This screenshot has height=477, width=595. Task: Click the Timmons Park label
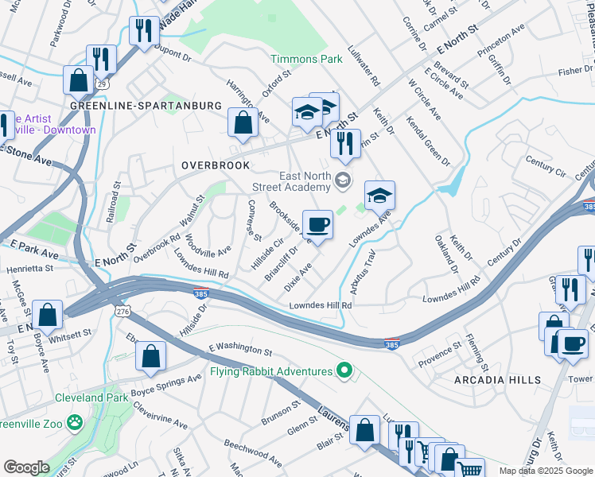click(x=306, y=59)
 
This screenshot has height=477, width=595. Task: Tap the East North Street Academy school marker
click(x=343, y=180)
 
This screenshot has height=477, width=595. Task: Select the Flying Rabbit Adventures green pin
click(x=344, y=370)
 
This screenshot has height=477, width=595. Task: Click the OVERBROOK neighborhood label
click(x=215, y=165)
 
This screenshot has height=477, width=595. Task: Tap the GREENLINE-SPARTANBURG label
click(x=145, y=105)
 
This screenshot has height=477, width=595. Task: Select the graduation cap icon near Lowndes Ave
click(x=380, y=196)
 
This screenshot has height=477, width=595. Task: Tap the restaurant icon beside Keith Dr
click(x=344, y=144)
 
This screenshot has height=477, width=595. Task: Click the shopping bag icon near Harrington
click(x=243, y=123)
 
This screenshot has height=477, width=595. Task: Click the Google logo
click(x=26, y=467)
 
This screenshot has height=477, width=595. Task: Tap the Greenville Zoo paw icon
click(x=76, y=421)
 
